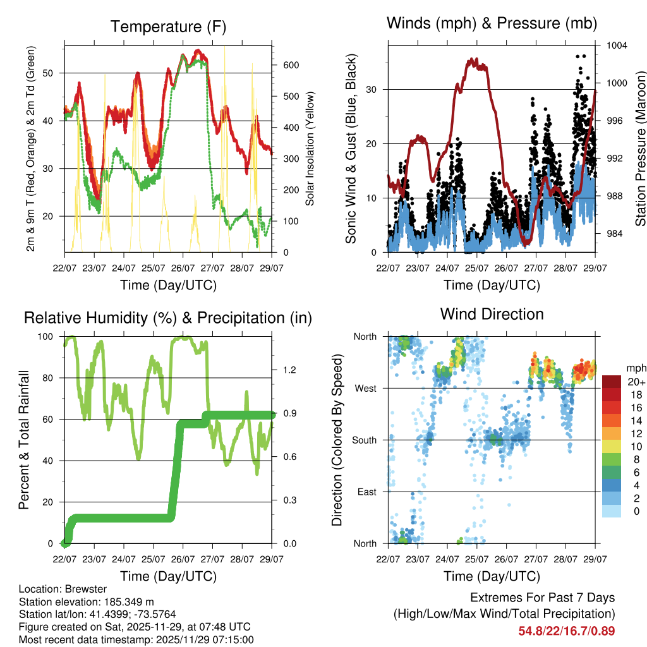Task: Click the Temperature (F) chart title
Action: pos(167,27)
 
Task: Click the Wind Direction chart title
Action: pos(492,313)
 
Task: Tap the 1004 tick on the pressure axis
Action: pos(615,45)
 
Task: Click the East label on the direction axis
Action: pos(366,492)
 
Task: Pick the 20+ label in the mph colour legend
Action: pos(635,382)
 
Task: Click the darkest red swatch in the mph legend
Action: pos(613,381)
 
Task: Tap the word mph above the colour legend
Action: pos(635,368)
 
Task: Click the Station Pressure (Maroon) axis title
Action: pos(639,148)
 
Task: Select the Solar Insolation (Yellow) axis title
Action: pos(310,148)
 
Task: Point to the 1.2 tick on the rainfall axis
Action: pos(289,370)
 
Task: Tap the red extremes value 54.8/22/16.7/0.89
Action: pos(567,631)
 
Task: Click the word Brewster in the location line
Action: pos(83,590)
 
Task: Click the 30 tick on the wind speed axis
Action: pos(372,89)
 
